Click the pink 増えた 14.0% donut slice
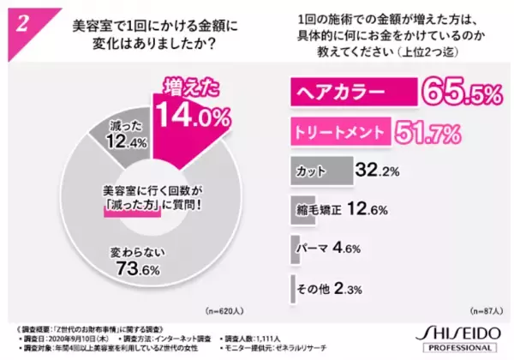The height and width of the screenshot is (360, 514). coord(185,111)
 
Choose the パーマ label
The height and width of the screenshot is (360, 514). coord(314,247)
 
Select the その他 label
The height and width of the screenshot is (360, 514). coord(314,286)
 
